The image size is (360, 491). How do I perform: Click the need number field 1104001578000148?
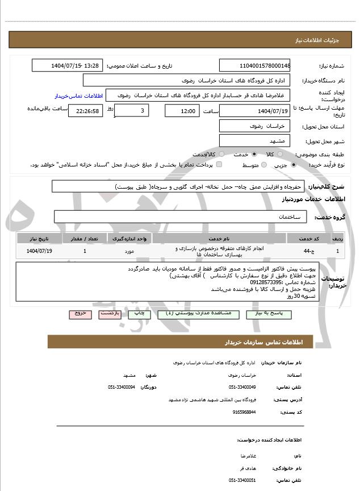[x=255, y=66]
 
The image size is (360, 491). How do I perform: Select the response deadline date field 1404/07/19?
[x=255, y=111]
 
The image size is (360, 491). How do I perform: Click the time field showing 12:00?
[x=182, y=111]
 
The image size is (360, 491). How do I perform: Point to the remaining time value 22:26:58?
[x=85, y=111]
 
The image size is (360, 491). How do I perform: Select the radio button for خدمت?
[x=254, y=154]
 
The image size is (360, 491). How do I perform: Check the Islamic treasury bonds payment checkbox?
[x=219, y=165]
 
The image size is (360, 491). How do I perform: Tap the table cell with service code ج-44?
[x=307, y=251]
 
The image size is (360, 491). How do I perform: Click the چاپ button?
[x=140, y=313]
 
